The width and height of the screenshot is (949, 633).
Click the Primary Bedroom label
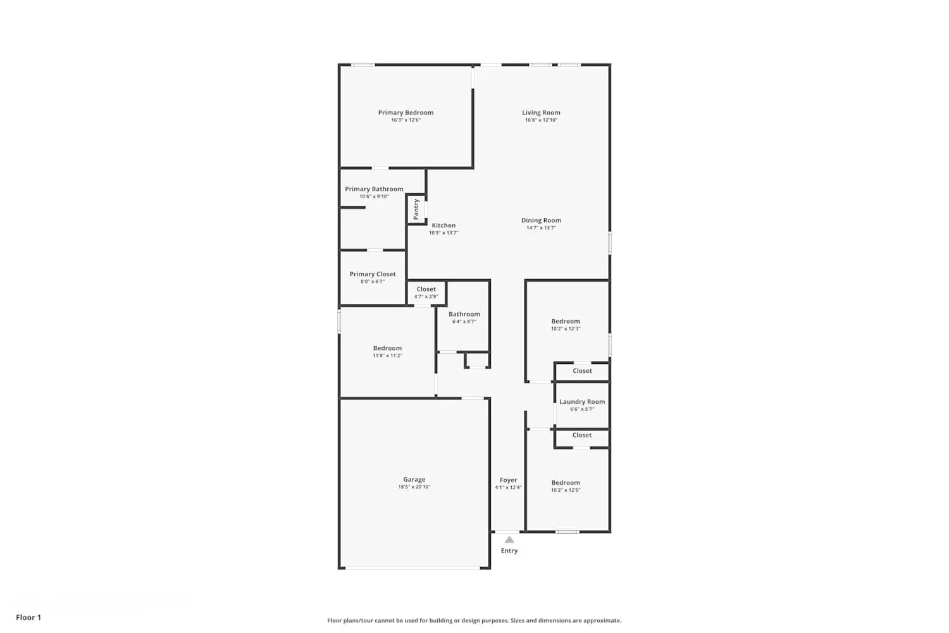click(406, 113)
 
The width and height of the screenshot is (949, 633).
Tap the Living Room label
click(541, 113)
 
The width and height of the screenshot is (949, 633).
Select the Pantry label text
click(416, 209)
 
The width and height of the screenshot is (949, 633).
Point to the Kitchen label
click(443, 225)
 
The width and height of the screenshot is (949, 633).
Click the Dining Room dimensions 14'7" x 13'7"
click(541, 228)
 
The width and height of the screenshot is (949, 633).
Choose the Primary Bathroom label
click(374, 189)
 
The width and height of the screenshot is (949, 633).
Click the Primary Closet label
click(373, 274)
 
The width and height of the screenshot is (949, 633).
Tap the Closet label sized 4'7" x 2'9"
click(426, 289)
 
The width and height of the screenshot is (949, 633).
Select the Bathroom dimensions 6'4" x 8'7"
click(464, 322)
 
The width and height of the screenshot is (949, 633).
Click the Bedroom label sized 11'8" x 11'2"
click(387, 348)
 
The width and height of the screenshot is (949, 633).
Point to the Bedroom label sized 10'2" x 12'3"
click(566, 321)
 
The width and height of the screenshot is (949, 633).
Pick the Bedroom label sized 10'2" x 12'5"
click(566, 482)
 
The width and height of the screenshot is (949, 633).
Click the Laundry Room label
click(582, 401)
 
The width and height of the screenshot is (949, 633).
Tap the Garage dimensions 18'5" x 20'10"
click(414, 487)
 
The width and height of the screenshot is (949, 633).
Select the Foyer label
click(508, 480)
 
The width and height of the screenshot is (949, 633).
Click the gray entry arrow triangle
click(509, 539)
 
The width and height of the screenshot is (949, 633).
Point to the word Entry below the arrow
click(509, 551)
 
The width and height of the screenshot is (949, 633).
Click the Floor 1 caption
click(28, 617)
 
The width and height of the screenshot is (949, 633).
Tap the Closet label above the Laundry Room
click(582, 371)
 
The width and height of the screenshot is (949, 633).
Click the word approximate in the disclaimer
click(604, 620)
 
